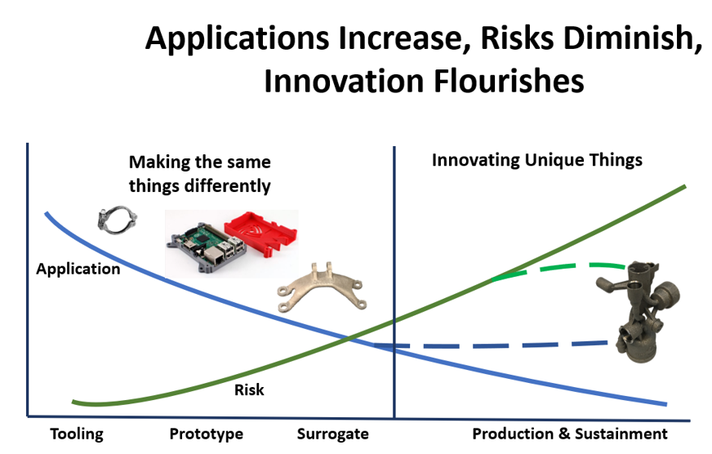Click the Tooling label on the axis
coord(77,434)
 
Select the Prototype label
coord(206,434)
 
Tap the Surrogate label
coord(333,434)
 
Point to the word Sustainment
coord(621,434)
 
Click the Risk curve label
coord(249,389)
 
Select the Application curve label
coord(78,269)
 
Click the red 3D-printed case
coord(261,235)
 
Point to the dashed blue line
coord(491,345)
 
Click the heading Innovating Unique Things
coord(536,160)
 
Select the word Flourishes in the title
coord(509,82)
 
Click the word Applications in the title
coord(237,39)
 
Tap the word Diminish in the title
coord(633,38)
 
